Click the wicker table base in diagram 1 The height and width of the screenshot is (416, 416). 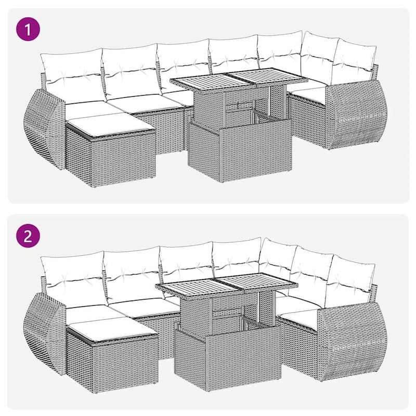[239, 151]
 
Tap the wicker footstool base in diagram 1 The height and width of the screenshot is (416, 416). [112, 159]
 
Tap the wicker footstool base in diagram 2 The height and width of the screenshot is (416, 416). [112, 359]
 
